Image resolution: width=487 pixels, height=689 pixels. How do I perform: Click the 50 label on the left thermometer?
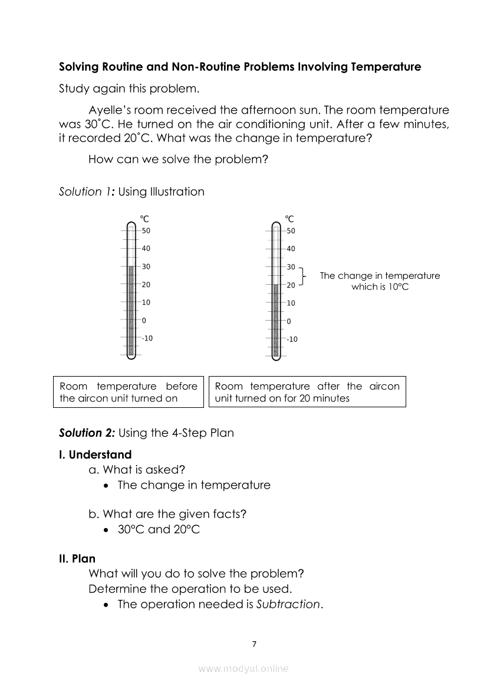coord(146,230)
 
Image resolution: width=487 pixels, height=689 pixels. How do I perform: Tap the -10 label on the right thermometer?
coord(292,339)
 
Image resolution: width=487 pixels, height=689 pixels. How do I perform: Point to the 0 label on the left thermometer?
coord(144,321)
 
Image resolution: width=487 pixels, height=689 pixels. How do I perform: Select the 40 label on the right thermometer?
coord(291,249)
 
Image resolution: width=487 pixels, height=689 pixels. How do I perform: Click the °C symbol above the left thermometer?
coord(144,219)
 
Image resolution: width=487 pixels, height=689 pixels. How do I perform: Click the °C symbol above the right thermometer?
coord(289,219)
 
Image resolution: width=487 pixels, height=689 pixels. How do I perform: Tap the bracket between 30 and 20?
coord(302,276)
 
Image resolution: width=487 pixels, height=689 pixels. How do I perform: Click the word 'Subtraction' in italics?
coord(289,604)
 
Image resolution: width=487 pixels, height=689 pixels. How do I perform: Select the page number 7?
coord(254,644)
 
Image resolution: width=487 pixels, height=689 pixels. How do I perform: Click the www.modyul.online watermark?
coord(244,668)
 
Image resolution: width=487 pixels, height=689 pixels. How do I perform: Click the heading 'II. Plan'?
coord(77,559)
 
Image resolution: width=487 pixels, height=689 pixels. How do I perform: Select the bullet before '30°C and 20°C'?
coord(105,530)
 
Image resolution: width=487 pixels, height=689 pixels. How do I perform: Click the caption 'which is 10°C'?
coord(380,286)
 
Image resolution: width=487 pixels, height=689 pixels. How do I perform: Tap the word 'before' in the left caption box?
coord(182,386)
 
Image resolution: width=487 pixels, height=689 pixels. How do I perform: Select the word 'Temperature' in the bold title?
coord(386,67)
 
